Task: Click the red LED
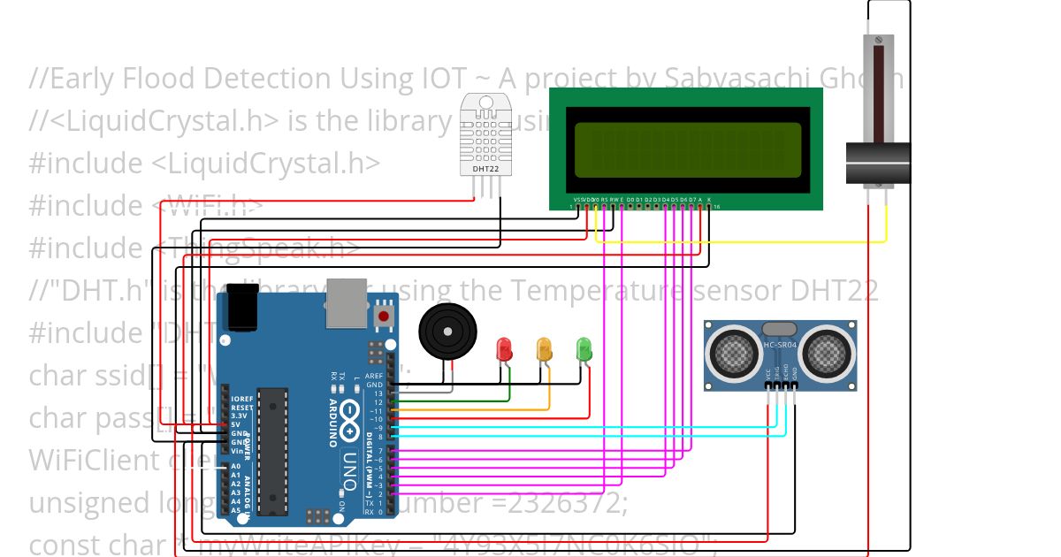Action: click(x=504, y=348)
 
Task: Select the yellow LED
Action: click(x=545, y=348)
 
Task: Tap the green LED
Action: click(x=584, y=348)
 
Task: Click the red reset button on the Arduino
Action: click(x=384, y=315)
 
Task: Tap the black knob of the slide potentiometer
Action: click(x=878, y=164)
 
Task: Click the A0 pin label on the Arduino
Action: click(x=235, y=467)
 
